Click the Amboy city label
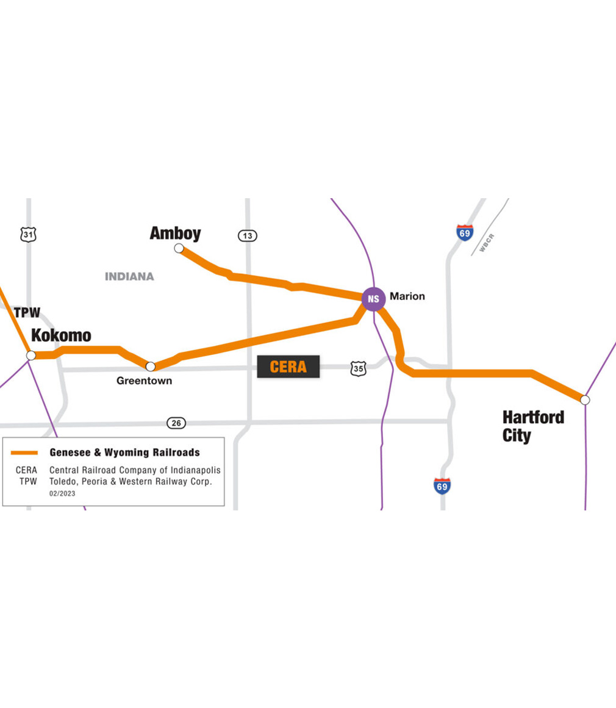175,233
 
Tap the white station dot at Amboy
179,248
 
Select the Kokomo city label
61,335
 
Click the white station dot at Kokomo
31,355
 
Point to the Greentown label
144,381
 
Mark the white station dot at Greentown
151,367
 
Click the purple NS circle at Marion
373,299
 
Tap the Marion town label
407,296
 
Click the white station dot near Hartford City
585,400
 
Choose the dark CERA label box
288,367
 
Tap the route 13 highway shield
247,235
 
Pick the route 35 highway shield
358,368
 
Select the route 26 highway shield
176,423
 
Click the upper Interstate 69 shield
464,232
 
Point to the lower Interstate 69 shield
442,486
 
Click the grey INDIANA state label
129,276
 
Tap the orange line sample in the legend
24,452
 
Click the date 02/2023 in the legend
62,494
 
